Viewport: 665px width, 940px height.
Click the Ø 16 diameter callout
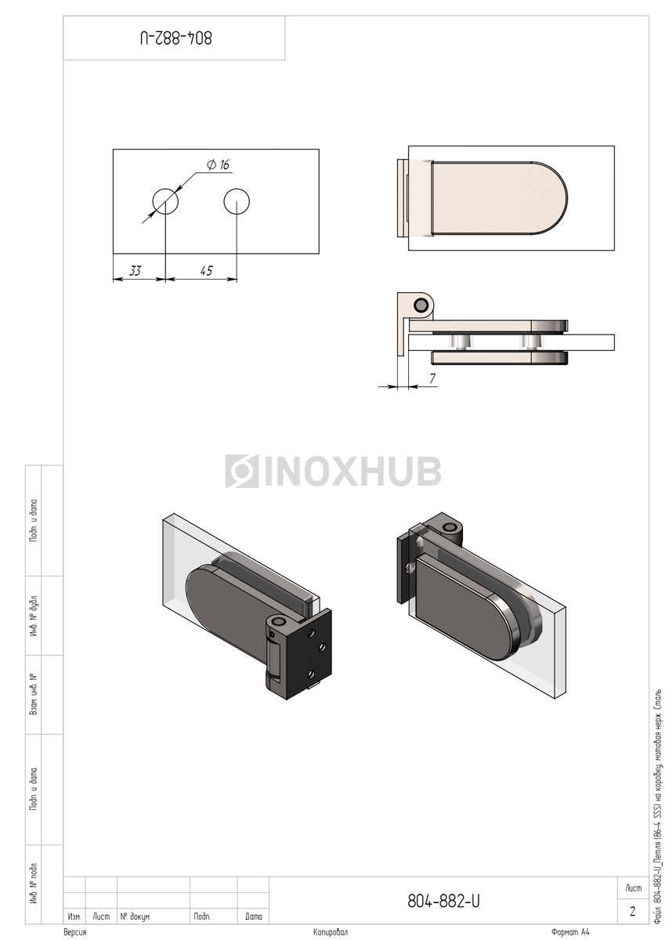pyautogui.click(x=219, y=164)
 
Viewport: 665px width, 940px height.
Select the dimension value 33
pyautogui.click(x=135, y=271)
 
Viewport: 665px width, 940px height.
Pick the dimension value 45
pyautogui.click(x=207, y=271)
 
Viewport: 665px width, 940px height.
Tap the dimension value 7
pyautogui.click(x=432, y=378)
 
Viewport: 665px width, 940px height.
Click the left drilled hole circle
pyautogui.click(x=165, y=201)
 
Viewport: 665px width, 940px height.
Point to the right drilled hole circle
pyautogui.click(x=237, y=201)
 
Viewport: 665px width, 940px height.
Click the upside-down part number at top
pyautogui.click(x=175, y=38)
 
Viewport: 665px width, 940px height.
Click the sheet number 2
pyautogui.click(x=633, y=911)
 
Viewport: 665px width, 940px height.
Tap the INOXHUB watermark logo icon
pyautogui.click(x=242, y=472)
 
